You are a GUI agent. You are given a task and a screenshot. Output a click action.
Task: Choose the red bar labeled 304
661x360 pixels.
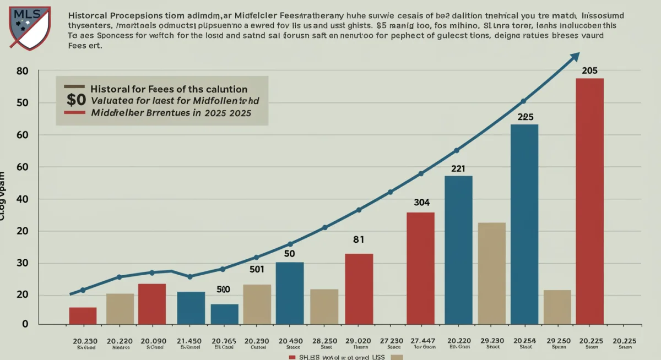tap(420, 268)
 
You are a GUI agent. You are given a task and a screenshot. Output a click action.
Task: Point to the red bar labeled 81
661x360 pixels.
tap(359, 288)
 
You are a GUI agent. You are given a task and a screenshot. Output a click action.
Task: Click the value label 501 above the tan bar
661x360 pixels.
tap(257, 270)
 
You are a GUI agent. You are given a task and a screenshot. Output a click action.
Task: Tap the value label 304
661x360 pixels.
tap(421, 203)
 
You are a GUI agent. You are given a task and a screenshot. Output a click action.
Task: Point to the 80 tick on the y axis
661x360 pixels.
tap(22, 71)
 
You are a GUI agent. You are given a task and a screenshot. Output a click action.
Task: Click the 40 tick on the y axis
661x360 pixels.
tap(22, 199)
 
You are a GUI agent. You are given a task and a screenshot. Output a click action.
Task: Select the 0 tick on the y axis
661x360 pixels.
tap(25, 325)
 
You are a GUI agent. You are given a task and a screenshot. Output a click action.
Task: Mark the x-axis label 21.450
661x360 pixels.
tap(191, 341)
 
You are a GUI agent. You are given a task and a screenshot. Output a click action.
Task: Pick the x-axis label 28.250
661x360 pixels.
tap(324, 341)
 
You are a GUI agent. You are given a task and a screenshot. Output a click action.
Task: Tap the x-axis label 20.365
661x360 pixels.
tap(224, 341)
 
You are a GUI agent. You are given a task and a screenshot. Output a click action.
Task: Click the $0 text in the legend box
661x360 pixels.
tap(75, 100)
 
